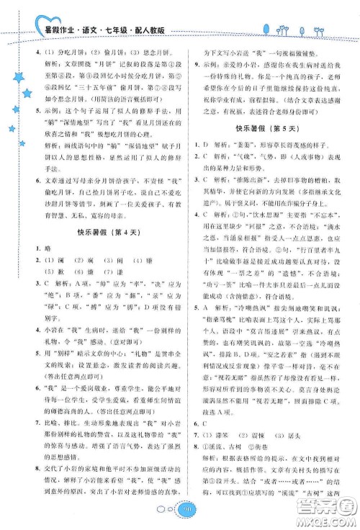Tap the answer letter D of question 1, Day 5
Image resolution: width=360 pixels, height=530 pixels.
207,141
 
